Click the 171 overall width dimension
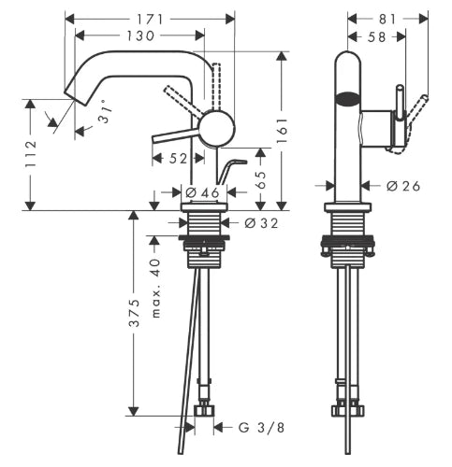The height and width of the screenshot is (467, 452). (150, 20)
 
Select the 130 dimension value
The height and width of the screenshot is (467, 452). (140, 35)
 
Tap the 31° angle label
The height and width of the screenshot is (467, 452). (105, 114)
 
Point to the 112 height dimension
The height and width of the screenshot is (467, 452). (31, 154)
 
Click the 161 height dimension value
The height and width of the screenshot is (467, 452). (282, 130)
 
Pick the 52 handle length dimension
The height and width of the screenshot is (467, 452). (178, 159)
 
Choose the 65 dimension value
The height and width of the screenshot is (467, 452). (261, 179)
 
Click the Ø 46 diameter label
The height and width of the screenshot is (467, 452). (202, 193)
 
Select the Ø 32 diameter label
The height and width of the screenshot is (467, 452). (261, 223)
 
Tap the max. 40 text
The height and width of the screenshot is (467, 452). (155, 288)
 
